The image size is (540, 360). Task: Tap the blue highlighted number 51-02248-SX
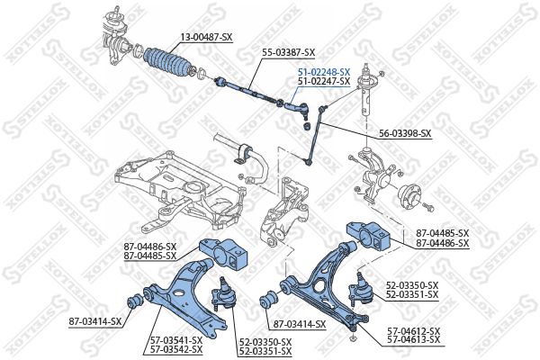click(323, 71)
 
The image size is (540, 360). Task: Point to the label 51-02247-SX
click(323, 81)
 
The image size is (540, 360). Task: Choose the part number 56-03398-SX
click(404, 134)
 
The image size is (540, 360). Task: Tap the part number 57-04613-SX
click(414, 341)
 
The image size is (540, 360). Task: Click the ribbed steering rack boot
click(169, 64)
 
